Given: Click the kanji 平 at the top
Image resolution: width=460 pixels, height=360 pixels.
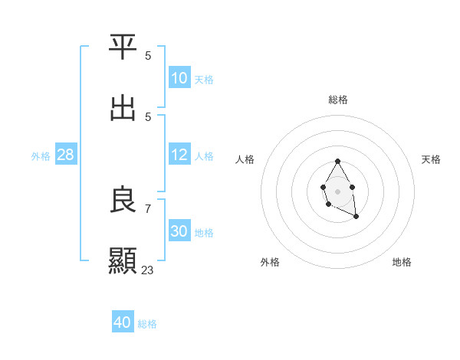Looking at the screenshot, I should tap(123, 47).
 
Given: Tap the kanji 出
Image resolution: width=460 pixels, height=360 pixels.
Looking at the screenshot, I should tap(123, 108).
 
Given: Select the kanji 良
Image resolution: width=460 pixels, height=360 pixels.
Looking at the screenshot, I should tap(123, 200).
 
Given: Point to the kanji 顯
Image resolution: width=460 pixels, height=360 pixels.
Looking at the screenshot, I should tap(123, 261).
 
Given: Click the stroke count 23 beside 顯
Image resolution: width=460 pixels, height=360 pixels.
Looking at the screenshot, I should tap(147, 270).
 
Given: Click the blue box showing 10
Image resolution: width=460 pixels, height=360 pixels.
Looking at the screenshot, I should tap(179, 78).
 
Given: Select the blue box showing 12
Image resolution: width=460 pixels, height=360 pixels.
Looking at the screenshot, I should tap(179, 155).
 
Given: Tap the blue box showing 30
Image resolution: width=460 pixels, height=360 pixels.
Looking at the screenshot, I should tap(179, 231).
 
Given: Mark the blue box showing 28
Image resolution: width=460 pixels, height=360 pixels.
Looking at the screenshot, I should tap(66, 155).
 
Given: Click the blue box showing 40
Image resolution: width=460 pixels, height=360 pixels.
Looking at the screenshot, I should tap(123, 323).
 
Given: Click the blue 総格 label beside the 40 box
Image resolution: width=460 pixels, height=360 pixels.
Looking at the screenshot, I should tap(147, 324).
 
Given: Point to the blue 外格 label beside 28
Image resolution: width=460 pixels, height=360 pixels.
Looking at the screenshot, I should tap(41, 155).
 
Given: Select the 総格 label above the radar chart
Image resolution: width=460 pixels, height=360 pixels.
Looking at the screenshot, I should tap(337, 100).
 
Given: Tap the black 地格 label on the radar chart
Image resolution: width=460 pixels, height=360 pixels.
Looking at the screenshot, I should tap(402, 262).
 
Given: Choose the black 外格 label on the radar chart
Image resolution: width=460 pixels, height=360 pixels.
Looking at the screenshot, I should tap(270, 262).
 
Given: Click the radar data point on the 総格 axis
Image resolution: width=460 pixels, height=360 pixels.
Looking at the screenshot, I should tap(337, 162).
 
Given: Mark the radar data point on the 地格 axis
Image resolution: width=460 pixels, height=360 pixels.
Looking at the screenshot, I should tap(356, 218).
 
